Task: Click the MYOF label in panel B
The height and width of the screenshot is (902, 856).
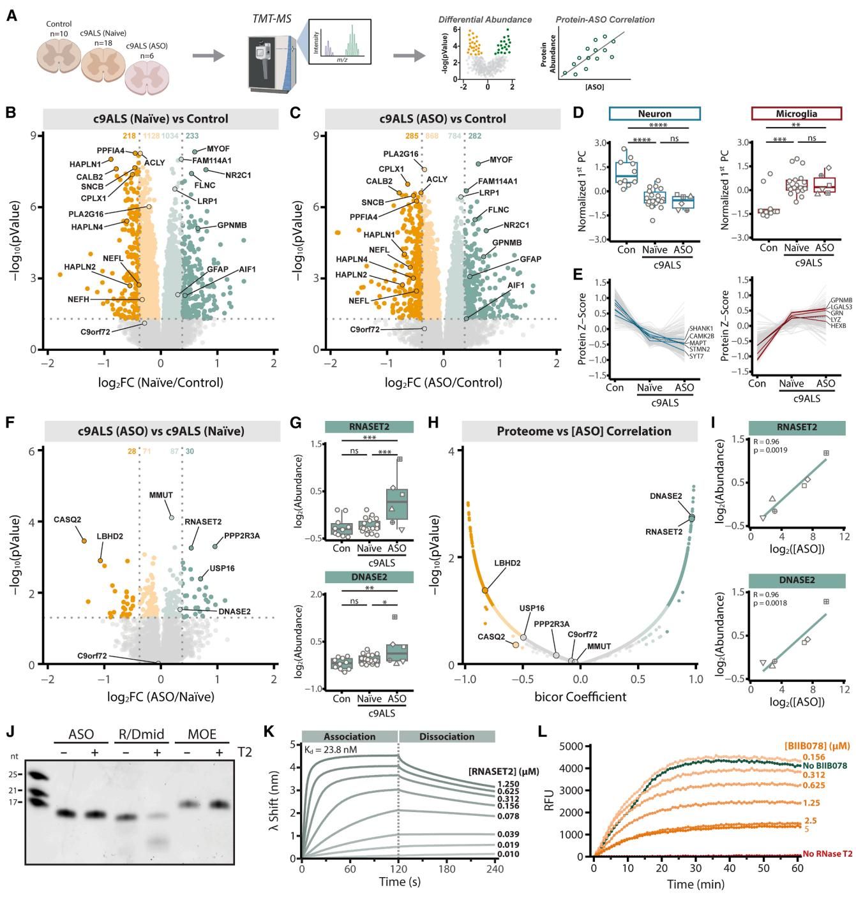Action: click(218, 149)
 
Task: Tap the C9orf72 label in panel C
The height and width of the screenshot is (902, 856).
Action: click(364, 330)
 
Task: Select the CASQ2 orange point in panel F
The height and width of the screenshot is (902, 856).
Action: click(84, 541)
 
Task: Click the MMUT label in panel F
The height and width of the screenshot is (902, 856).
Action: click(161, 495)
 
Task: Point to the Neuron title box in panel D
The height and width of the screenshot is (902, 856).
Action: click(654, 114)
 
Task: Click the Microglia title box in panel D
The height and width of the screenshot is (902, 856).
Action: click(797, 114)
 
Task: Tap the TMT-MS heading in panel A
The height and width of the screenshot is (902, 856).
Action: click(272, 19)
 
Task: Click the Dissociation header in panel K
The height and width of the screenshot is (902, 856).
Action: click(447, 737)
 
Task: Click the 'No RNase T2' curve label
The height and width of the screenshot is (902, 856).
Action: click(828, 854)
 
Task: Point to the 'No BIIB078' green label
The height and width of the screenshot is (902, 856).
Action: click(825, 766)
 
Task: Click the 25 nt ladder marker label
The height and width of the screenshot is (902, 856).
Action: click(15, 775)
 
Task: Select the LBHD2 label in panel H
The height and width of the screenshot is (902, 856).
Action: click(507, 563)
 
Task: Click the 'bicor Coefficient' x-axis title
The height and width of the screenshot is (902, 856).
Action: click(580, 697)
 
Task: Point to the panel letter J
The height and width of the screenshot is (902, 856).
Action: click(11, 732)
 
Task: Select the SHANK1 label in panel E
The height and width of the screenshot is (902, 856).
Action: click(700, 329)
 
